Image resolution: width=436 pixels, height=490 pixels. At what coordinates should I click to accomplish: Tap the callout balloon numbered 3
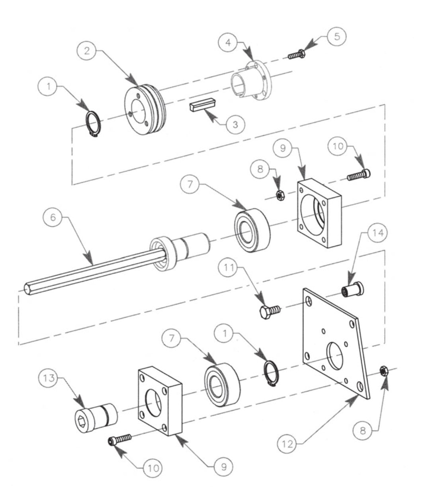(x=235, y=124)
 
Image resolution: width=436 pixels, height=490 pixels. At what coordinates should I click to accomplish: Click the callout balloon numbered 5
(x=336, y=36)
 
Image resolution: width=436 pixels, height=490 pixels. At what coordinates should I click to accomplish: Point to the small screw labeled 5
(x=297, y=55)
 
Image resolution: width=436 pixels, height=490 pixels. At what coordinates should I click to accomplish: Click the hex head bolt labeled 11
(x=270, y=310)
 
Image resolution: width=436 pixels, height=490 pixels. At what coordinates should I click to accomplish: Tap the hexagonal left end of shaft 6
(x=28, y=288)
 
